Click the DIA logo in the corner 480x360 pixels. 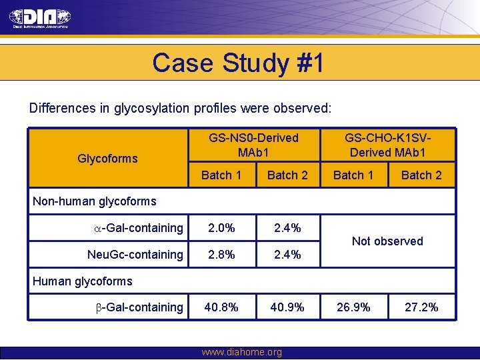[x=40, y=18]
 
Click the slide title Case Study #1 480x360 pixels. [x=238, y=63]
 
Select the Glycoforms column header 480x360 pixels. [x=107, y=158]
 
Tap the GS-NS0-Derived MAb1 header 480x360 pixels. [x=253, y=145]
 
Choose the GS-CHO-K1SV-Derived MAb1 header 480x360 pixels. [x=387, y=145]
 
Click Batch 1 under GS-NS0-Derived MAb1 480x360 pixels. [x=221, y=175]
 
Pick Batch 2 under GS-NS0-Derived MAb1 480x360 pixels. [x=287, y=175]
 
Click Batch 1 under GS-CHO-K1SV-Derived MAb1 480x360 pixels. [x=353, y=175]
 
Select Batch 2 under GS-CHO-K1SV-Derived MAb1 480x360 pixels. [x=421, y=175]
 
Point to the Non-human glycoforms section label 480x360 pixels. [x=95, y=201]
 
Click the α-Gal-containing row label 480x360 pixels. [x=139, y=228]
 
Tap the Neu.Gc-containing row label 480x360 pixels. [x=135, y=254]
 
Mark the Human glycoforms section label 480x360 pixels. [x=83, y=281]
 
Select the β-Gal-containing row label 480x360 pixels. [x=139, y=307]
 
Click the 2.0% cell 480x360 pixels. [x=221, y=228]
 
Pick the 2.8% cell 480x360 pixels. [x=221, y=254]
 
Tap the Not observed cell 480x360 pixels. [x=387, y=241]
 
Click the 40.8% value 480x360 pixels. [x=221, y=307]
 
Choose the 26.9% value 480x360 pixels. [x=353, y=307]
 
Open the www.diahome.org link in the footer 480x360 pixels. [x=241, y=352]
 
